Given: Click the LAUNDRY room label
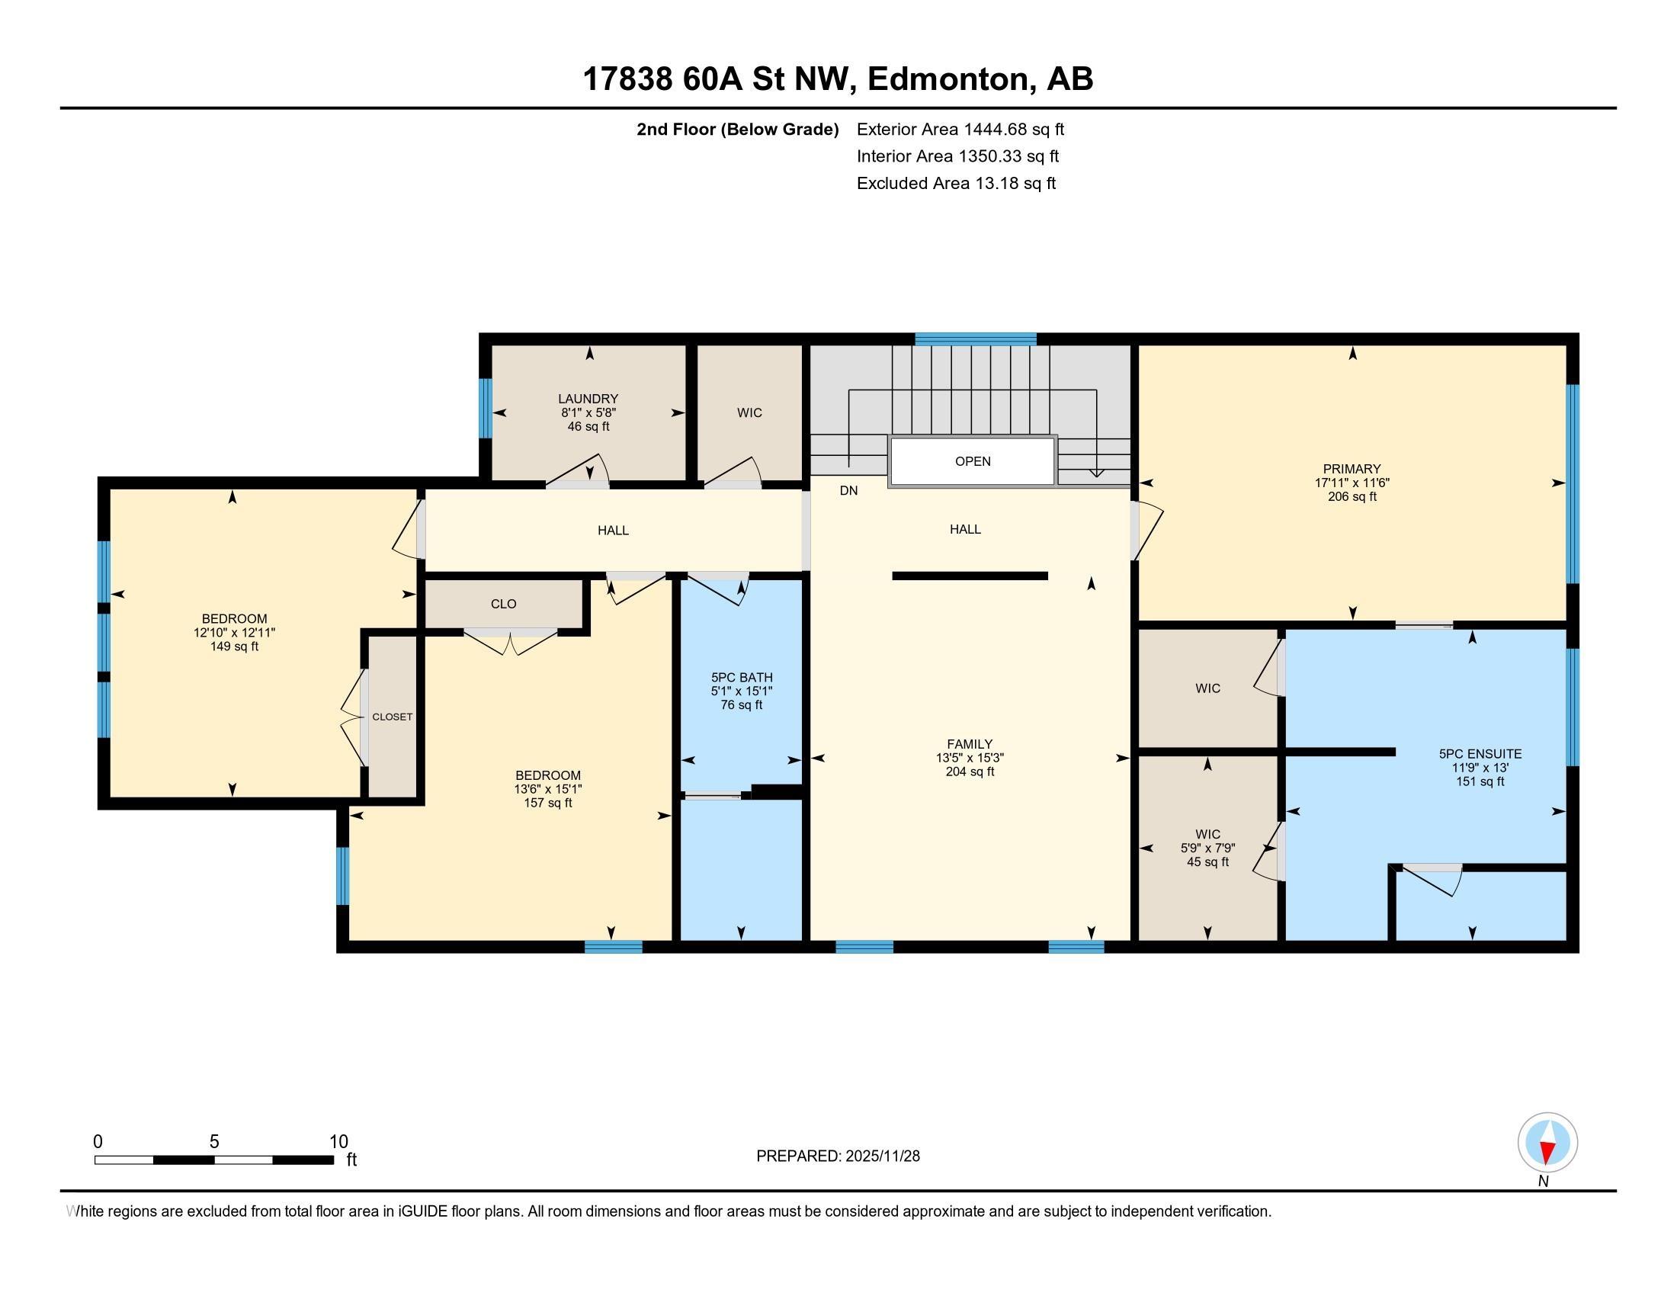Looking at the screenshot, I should (588, 399).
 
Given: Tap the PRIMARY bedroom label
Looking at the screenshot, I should (1352, 468).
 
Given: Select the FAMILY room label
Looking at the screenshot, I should (969, 743).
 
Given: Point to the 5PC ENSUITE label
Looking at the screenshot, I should (1480, 754).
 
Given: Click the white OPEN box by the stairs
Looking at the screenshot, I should (972, 461).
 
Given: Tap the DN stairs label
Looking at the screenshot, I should (848, 491).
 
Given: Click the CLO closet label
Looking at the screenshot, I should (503, 604).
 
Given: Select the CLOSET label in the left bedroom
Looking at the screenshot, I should (393, 717).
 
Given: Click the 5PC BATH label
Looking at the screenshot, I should (741, 677).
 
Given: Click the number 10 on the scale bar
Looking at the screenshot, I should (338, 1142).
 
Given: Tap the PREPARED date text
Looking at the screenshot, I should (838, 1156).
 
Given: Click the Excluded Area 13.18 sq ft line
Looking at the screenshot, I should (956, 184).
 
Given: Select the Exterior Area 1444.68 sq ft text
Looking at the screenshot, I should (960, 129).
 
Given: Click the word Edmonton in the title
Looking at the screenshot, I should (948, 79).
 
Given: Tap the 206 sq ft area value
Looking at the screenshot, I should (1352, 497).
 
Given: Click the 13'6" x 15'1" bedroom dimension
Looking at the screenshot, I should (547, 789).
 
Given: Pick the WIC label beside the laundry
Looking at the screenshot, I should (749, 413).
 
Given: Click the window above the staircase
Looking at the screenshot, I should (975, 338).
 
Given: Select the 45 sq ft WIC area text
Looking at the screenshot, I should (1207, 862).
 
